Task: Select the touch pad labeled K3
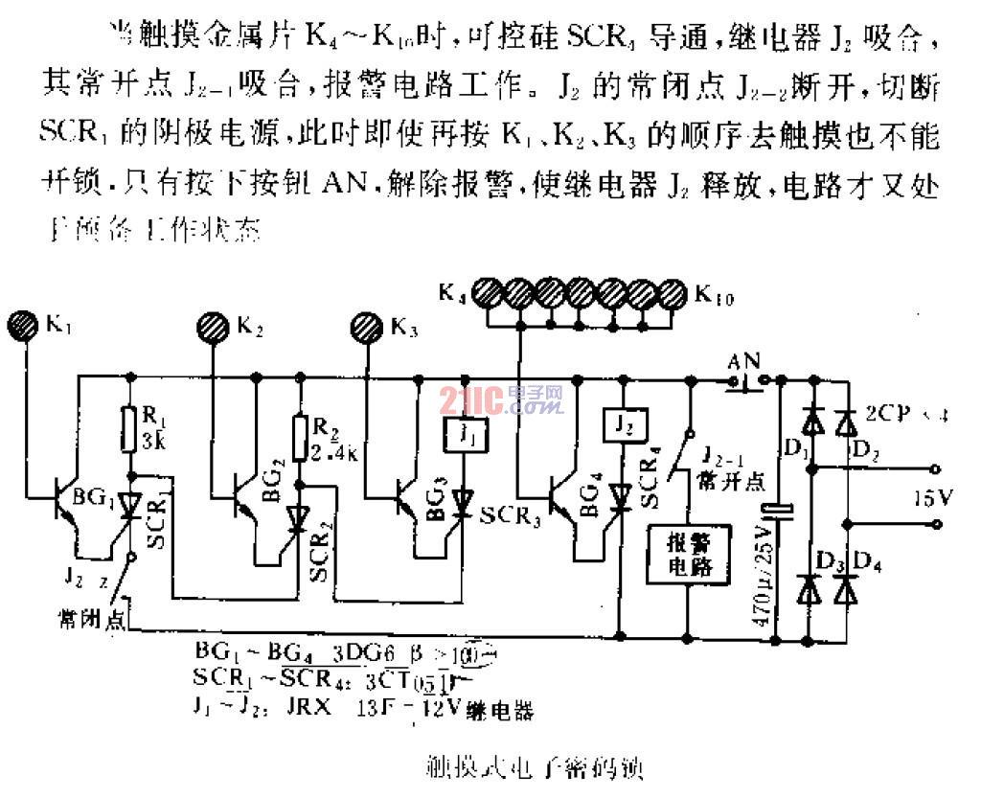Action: pyautogui.click(x=367, y=326)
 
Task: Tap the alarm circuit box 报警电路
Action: pyautogui.click(x=689, y=553)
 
